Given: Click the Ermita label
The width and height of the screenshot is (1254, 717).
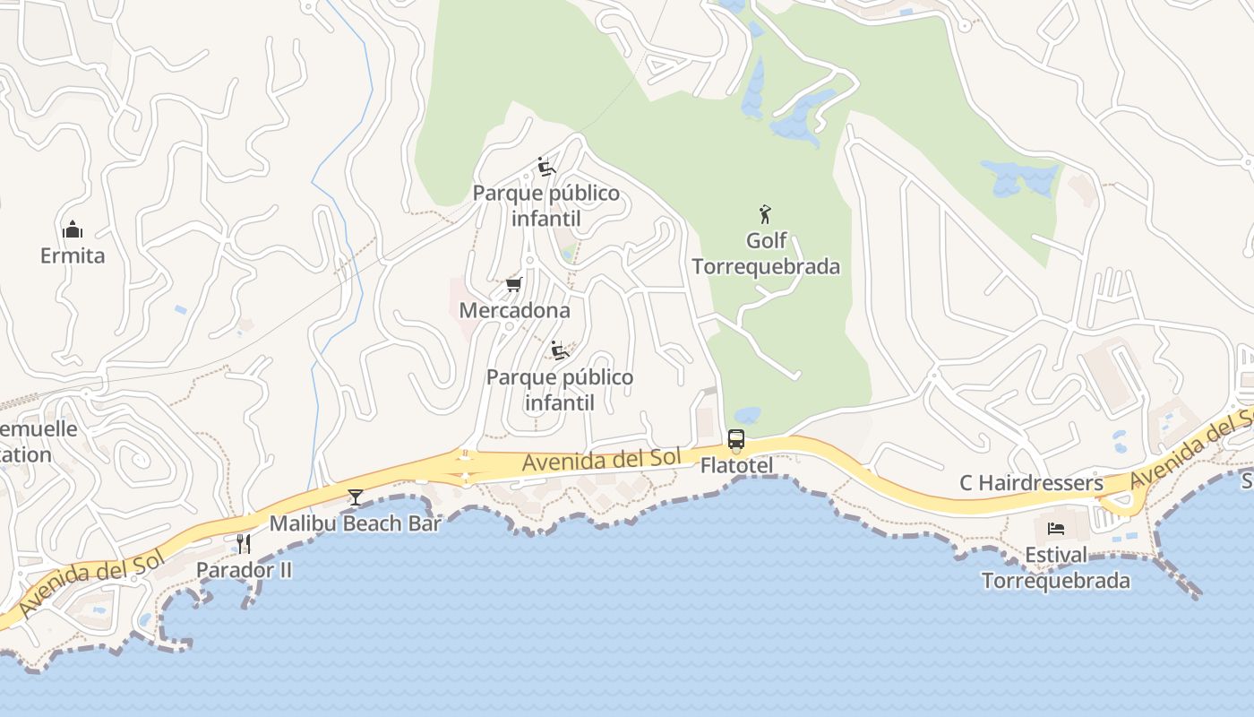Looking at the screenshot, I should coord(73,255).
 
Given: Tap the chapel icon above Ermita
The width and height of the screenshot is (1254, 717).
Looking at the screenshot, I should coord(73,230).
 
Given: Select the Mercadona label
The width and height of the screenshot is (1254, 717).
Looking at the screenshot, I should coord(514,310).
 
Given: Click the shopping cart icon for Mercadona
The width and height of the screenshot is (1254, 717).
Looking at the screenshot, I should coord(513,285).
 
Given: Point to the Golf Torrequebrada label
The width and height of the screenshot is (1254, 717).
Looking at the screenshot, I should coord(767,254).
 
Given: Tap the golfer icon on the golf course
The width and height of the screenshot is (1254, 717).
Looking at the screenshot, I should coord(764,214).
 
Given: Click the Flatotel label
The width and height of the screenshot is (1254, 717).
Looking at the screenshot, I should coord(736,464).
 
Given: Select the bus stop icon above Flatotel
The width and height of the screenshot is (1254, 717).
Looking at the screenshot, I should coord(736,439).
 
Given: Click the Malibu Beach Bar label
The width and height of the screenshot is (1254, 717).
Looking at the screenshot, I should coord(356,523).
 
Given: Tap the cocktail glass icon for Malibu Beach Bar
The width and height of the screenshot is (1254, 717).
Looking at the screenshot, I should coord(356,497).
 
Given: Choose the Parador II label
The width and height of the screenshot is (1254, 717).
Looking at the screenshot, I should coord(244,570).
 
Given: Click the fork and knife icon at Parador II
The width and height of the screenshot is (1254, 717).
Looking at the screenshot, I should coord(243,543).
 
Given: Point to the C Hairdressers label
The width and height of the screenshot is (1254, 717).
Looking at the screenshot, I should coord(1031,483).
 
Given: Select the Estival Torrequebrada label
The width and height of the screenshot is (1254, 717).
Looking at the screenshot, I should coord(1056,567).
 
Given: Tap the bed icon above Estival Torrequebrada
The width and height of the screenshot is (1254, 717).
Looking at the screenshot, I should coord(1056,528).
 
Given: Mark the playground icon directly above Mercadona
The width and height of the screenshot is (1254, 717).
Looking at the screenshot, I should coord(546,167).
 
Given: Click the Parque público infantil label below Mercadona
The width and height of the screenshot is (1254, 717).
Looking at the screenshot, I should coord(559,390).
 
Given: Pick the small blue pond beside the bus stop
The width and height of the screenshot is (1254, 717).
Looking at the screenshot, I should coord(747,416).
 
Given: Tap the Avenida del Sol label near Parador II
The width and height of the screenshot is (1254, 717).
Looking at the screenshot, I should coord(90,583).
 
